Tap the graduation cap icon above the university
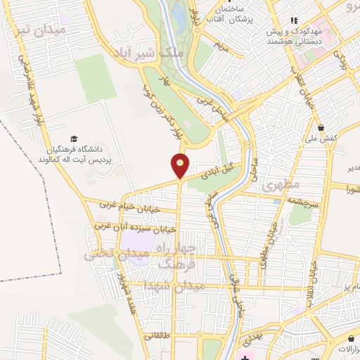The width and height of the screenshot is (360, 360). [74, 139]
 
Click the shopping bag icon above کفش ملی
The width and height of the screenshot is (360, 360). [321, 127]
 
